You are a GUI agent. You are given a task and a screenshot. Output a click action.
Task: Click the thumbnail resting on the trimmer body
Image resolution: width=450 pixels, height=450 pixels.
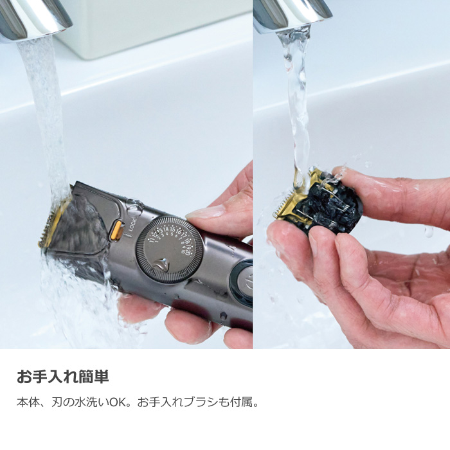click(x=204, y=213)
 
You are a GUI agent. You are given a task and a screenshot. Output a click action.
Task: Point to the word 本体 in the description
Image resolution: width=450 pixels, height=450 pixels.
click(x=26, y=404)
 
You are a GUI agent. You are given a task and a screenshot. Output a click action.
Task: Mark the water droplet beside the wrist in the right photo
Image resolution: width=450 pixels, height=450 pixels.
click(x=428, y=231)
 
